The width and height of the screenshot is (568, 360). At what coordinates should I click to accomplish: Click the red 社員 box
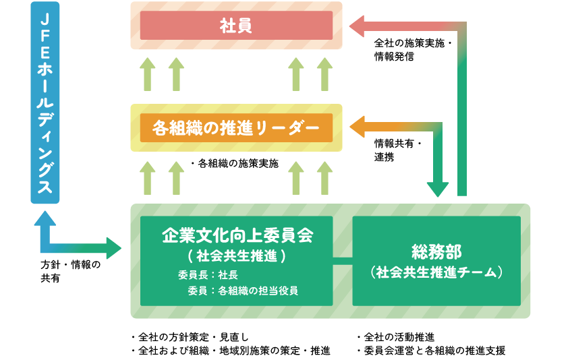pos(236,26)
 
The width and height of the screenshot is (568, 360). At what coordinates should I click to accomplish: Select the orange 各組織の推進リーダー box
pos(236,127)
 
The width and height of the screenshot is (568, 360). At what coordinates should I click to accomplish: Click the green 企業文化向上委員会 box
pos(236,260)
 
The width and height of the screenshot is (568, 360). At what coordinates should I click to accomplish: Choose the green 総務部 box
pos(436,260)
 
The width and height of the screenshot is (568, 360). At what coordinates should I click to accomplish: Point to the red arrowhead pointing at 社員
pos(357,26)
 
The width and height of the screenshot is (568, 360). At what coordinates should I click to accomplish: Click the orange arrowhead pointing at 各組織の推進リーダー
pos(357,127)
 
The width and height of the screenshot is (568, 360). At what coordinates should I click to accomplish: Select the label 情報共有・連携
pos(398,150)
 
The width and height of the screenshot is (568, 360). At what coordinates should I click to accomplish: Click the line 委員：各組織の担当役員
pos(243,291)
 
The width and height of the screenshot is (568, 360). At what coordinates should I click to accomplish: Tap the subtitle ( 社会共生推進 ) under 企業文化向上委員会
pos(236,256)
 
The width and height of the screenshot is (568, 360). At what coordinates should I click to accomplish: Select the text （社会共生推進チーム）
pos(436,272)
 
